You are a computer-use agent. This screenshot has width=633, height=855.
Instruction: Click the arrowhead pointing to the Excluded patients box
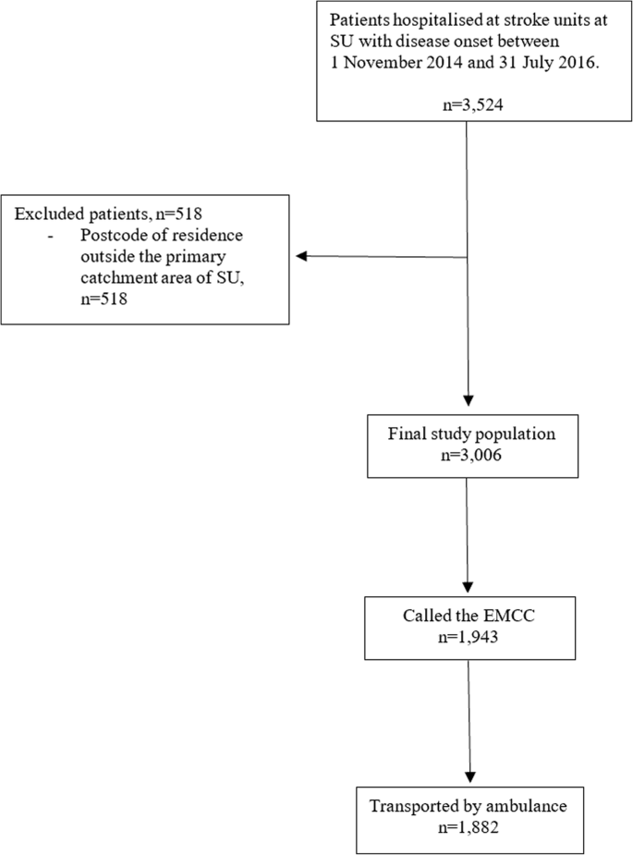300,256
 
